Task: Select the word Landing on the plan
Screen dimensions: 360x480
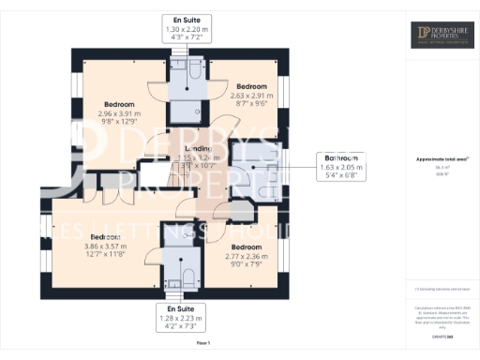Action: coord(197,149)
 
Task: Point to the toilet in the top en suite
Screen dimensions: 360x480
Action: coord(192,67)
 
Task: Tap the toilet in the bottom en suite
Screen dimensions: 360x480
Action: coord(186,275)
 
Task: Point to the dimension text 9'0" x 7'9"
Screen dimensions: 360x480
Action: coord(247,263)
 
